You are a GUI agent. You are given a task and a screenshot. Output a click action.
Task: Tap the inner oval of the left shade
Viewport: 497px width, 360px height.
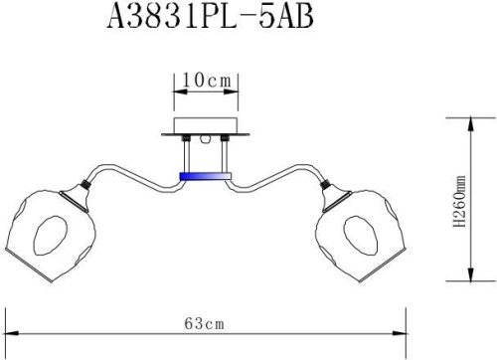[x=47, y=239]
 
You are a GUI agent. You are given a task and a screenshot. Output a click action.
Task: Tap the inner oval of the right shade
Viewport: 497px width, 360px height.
[x=361, y=239]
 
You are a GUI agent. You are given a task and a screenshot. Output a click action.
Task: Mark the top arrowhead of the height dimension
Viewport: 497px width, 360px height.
[x=468, y=120]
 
